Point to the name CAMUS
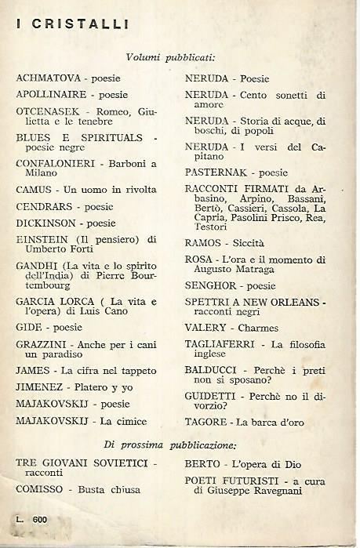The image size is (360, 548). click(33, 189)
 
